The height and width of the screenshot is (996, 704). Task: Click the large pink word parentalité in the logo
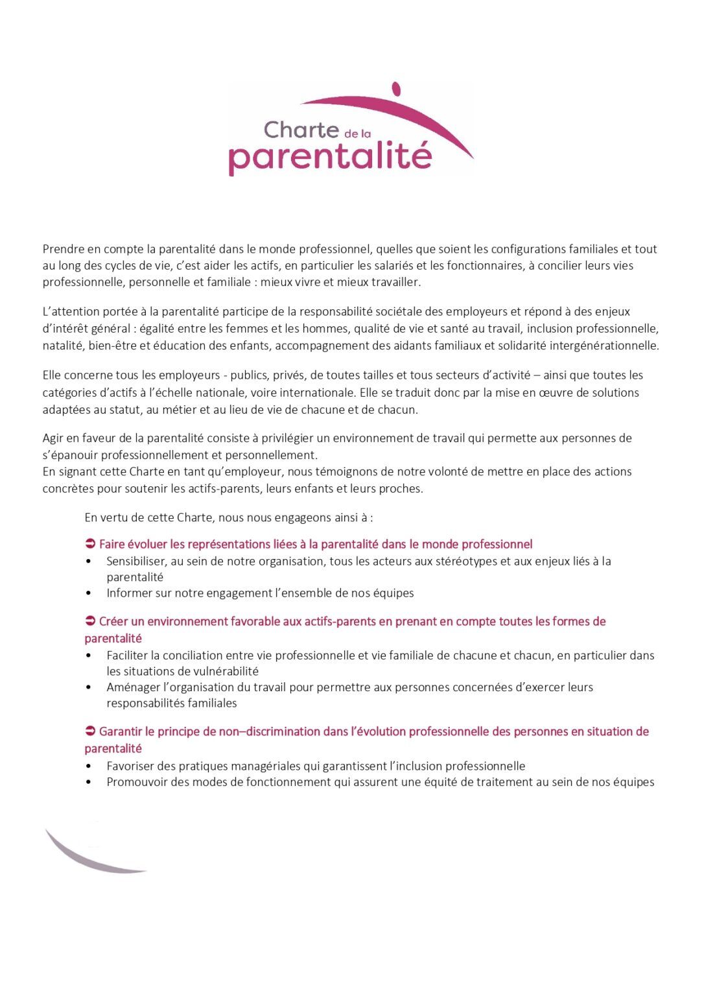(x=330, y=156)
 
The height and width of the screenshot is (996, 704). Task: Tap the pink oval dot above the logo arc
(x=397, y=89)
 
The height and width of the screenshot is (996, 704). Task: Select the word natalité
(x=62, y=345)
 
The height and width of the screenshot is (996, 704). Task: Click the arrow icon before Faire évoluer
(x=90, y=543)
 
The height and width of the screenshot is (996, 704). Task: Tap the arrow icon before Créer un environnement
(x=90, y=621)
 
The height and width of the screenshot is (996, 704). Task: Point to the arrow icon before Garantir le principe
(x=90, y=731)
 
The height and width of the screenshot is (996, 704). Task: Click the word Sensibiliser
(x=135, y=561)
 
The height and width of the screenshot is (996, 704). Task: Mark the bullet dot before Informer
(x=88, y=593)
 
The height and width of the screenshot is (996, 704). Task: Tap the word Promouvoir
(x=137, y=782)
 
